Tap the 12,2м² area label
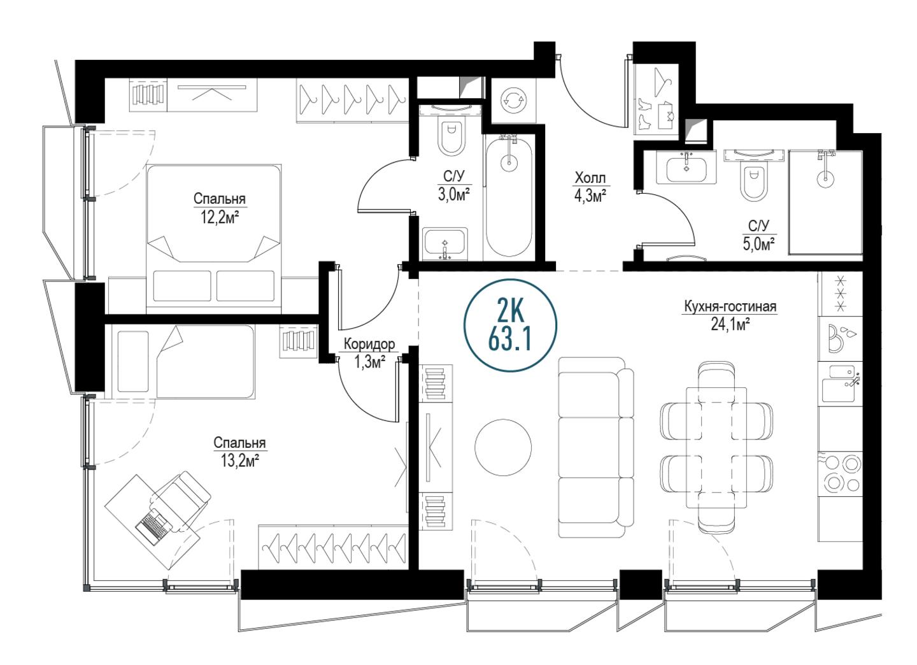pos(220,217)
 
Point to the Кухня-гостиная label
pos(730,306)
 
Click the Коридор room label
pos(369,344)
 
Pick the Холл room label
pos(590,178)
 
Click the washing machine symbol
pos(513,100)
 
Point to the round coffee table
pos(503,447)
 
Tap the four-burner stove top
pos(840,474)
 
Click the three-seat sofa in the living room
pos(595,447)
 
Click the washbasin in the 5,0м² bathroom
pos(686,167)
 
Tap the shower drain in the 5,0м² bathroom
pos(825,178)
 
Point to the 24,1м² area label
pos(730,325)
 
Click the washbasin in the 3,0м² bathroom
pos(445,243)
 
